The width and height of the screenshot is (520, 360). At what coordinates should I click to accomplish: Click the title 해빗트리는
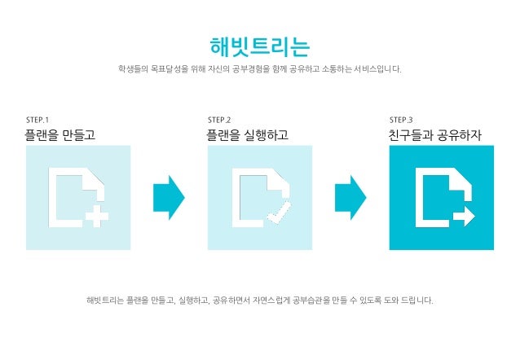259,44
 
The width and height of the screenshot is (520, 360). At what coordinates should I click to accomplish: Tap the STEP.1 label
38,120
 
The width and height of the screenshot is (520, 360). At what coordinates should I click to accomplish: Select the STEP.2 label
219,120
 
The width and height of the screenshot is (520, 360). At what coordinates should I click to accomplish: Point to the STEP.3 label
401,120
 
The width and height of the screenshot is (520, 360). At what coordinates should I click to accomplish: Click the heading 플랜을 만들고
61,135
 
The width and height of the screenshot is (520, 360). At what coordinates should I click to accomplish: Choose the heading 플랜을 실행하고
248,135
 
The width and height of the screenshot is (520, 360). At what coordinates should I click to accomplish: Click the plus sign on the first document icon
97,217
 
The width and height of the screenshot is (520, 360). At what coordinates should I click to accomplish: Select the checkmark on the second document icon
278,216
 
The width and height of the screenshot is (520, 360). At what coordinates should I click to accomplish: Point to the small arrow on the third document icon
463,216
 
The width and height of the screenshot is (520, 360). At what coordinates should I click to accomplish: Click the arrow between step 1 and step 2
169,197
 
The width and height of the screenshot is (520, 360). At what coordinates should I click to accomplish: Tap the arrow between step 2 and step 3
350,197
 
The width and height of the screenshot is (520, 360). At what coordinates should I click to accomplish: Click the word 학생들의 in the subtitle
133,69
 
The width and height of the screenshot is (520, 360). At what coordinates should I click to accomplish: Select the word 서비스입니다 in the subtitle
377,69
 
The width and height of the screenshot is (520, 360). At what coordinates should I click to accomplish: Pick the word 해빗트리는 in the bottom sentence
104,301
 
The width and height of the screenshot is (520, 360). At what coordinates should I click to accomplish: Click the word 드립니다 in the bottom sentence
416,301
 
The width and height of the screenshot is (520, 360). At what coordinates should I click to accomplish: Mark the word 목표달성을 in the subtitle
165,69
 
